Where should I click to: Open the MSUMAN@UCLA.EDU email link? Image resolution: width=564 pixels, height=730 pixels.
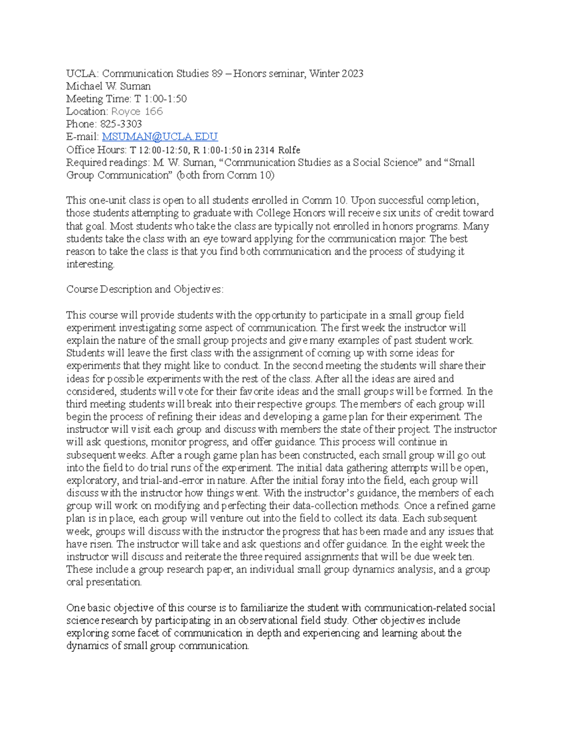160,137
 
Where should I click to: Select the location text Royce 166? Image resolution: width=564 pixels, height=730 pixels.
137,111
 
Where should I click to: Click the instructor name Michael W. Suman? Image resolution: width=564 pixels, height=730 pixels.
108,86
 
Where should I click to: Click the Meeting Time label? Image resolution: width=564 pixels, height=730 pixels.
98,99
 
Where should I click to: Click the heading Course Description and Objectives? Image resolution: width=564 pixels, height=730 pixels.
144,289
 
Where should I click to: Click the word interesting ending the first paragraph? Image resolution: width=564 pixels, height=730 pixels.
90,264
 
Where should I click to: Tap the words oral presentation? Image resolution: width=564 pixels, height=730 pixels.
103,582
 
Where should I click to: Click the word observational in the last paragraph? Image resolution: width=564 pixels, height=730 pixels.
253,620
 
